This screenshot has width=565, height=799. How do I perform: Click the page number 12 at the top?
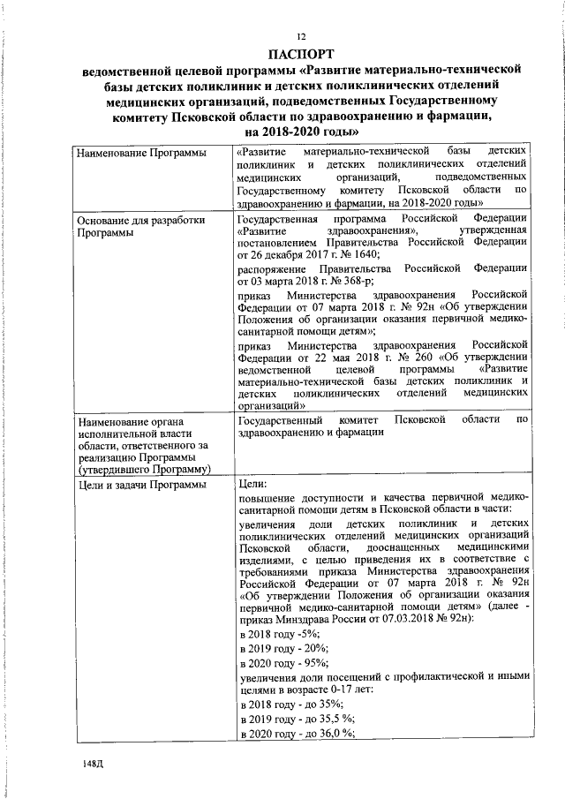pyautogui.click(x=300, y=36)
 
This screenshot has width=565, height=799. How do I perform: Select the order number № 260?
pyautogui.click(x=430, y=358)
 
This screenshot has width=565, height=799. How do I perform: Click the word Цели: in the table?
pyautogui.click(x=253, y=485)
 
